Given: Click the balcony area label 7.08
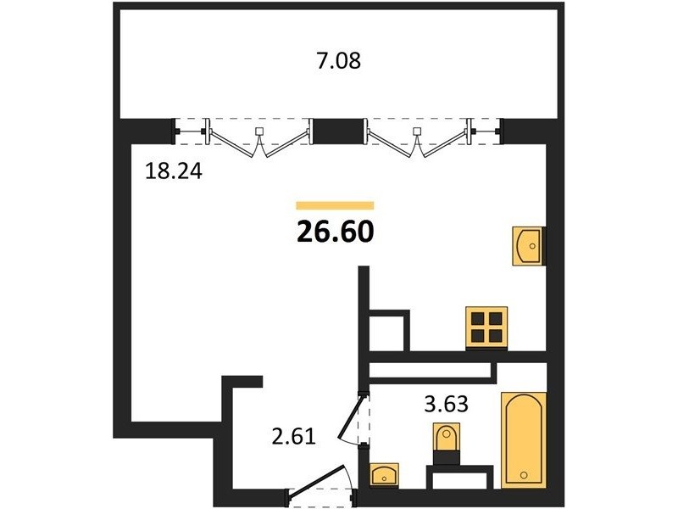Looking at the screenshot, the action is pyautogui.click(x=338, y=61).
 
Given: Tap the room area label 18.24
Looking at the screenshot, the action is pyautogui.click(x=174, y=171).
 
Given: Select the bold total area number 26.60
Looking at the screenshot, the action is pyautogui.click(x=335, y=231).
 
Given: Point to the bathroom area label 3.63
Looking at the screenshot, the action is pyautogui.click(x=447, y=404).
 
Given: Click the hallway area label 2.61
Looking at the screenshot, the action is pyautogui.click(x=294, y=436).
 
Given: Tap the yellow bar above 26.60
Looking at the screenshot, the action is pyautogui.click(x=335, y=205).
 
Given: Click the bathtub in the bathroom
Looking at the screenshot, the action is pyautogui.click(x=523, y=440).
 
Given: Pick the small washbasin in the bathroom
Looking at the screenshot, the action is pyautogui.click(x=385, y=475).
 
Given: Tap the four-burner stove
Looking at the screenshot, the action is pyautogui.click(x=486, y=327).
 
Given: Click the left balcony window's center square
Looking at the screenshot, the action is pyautogui.click(x=259, y=131).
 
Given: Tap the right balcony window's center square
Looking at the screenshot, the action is pyautogui.click(x=417, y=131).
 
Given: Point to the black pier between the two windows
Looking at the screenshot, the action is pyautogui.click(x=339, y=131).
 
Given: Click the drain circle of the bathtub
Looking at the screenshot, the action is pyautogui.click(x=524, y=475).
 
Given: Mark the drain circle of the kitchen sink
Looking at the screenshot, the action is pyautogui.click(x=532, y=246).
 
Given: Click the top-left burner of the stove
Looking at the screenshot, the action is pyautogui.click(x=477, y=319).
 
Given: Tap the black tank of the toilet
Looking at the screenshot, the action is pyautogui.click(x=446, y=457).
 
